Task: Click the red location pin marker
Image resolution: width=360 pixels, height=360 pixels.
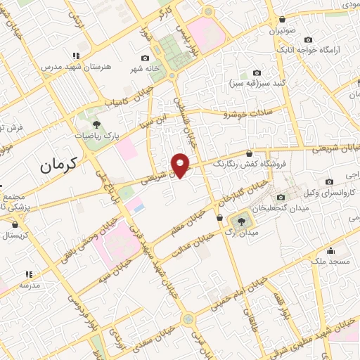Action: tap(181, 165)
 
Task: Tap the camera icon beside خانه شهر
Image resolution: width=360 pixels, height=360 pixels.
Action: tap(146, 58)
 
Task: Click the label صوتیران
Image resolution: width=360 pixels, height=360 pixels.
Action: tap(281, 31)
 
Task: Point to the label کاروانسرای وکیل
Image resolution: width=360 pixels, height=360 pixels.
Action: tap(328, 192)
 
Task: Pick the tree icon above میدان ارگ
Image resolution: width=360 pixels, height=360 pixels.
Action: tap(241, 221)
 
